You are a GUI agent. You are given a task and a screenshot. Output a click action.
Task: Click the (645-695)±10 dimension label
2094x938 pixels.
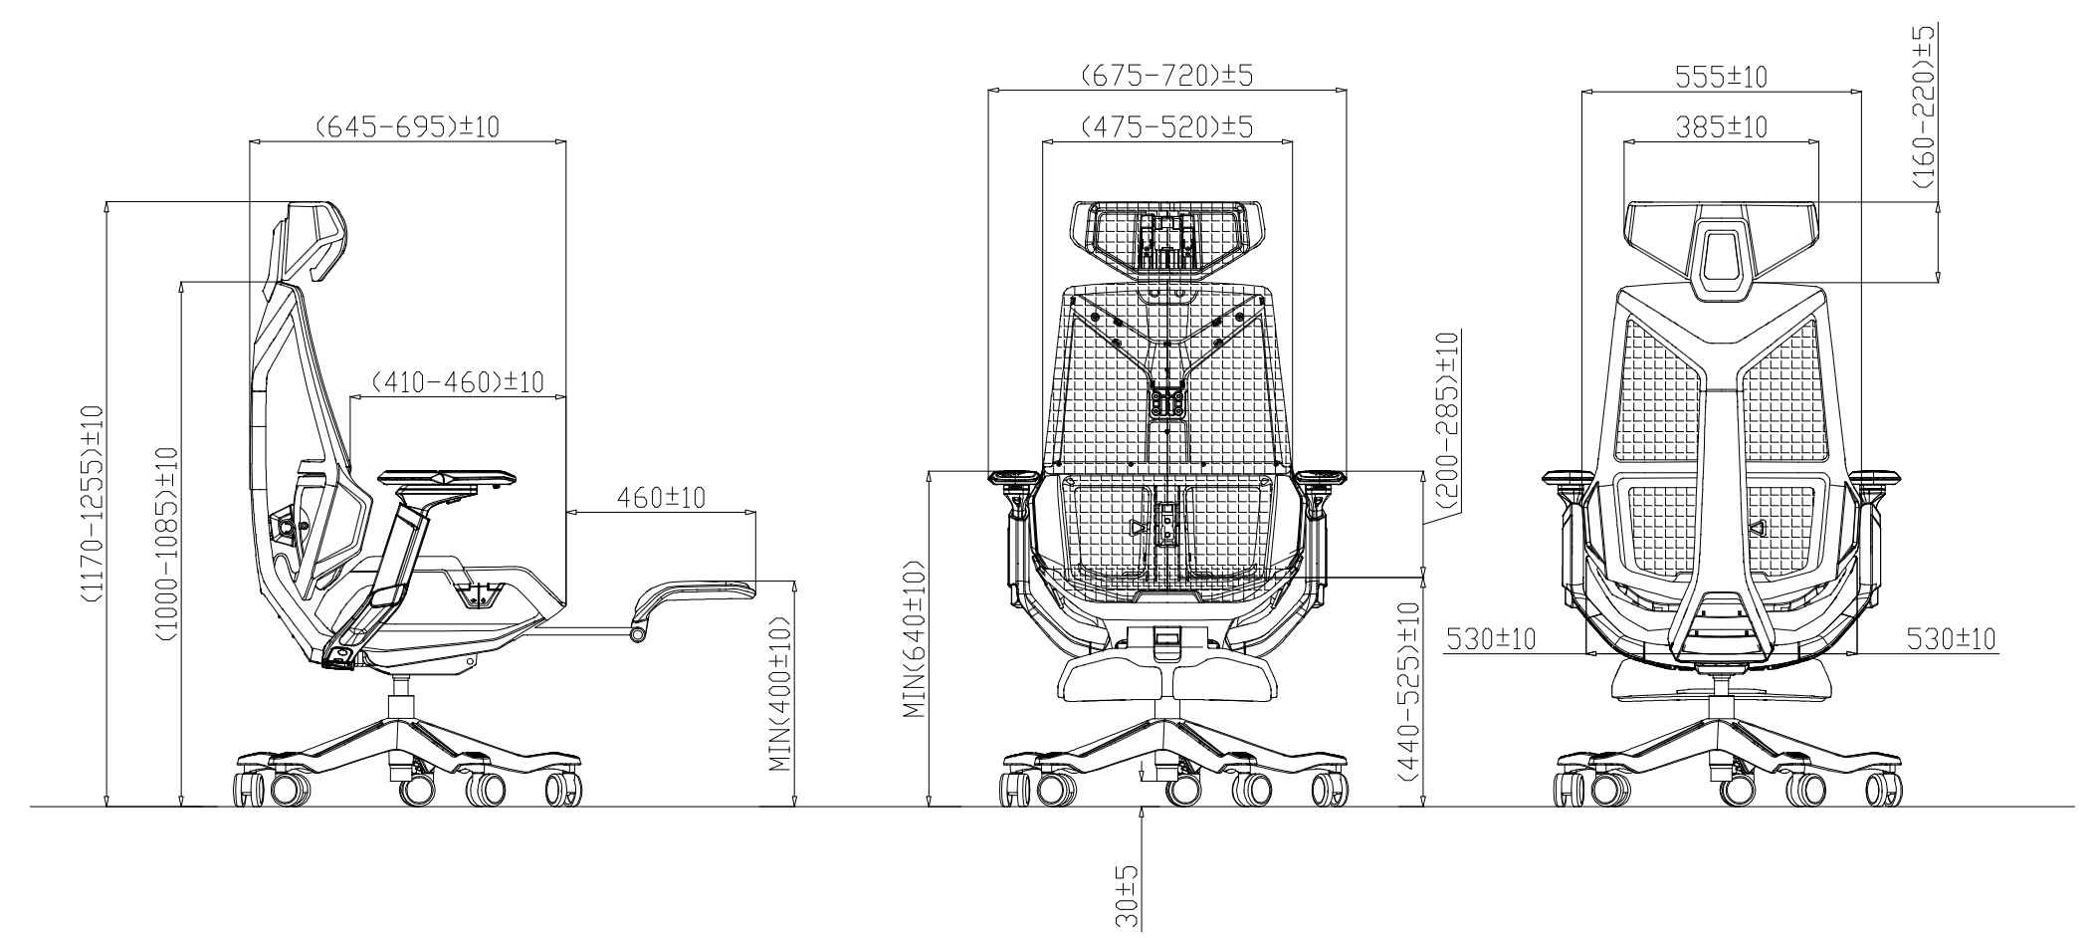point(407,127)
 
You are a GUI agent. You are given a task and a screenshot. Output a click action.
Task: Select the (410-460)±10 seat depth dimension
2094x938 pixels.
point(458,382)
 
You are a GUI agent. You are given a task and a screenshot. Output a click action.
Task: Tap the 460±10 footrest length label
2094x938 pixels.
point(661,497)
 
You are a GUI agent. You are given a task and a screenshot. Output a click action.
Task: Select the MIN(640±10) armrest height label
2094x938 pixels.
point(914,639)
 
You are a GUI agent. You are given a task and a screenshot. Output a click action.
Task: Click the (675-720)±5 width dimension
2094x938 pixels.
point(1166,76)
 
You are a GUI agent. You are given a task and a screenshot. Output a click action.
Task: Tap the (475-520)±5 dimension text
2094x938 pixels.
point(1166,127)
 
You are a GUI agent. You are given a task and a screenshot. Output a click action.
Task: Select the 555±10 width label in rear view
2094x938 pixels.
point(1721,77)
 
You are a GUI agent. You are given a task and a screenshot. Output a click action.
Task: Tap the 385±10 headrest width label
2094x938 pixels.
point(1721,127)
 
